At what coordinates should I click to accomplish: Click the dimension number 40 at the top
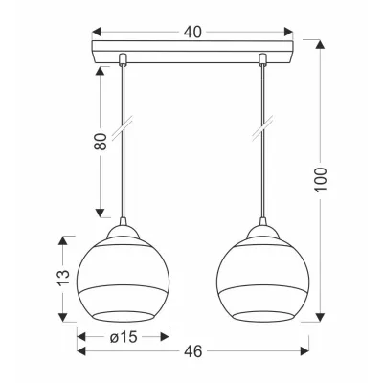[x=192, y=32]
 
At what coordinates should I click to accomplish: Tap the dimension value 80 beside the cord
[x=101, y=142]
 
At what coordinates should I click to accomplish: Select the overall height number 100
[x=321, y=179]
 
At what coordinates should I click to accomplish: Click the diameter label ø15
[x=124, y=336]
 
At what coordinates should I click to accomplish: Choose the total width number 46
[x=193, y=351]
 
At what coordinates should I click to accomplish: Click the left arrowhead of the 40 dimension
[x=97, y=32]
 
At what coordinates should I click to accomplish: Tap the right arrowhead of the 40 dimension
[x=288, y=32]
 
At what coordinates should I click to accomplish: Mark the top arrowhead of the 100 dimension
[x=320, y=44]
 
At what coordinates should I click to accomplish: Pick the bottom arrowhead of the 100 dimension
[x=320, y=317]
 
